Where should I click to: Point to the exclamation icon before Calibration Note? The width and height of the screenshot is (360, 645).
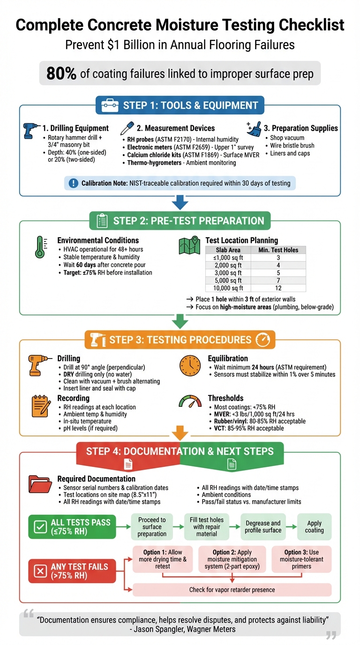point(73,183)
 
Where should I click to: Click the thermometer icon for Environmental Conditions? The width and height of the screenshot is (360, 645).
point(40,247)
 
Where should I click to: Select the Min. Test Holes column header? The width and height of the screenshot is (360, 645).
point(278,250)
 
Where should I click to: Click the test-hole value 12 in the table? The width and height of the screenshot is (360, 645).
point(278,288)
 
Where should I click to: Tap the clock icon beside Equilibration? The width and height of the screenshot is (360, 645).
point(189,366)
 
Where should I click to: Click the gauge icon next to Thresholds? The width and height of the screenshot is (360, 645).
point(189,402)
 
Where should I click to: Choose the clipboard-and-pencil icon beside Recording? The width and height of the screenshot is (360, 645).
point(40,405)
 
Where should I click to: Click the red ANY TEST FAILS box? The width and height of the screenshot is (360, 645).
point(72,571)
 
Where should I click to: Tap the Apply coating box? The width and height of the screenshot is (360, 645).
point(314,526)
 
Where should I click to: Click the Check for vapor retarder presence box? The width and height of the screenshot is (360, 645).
point(232,590)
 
